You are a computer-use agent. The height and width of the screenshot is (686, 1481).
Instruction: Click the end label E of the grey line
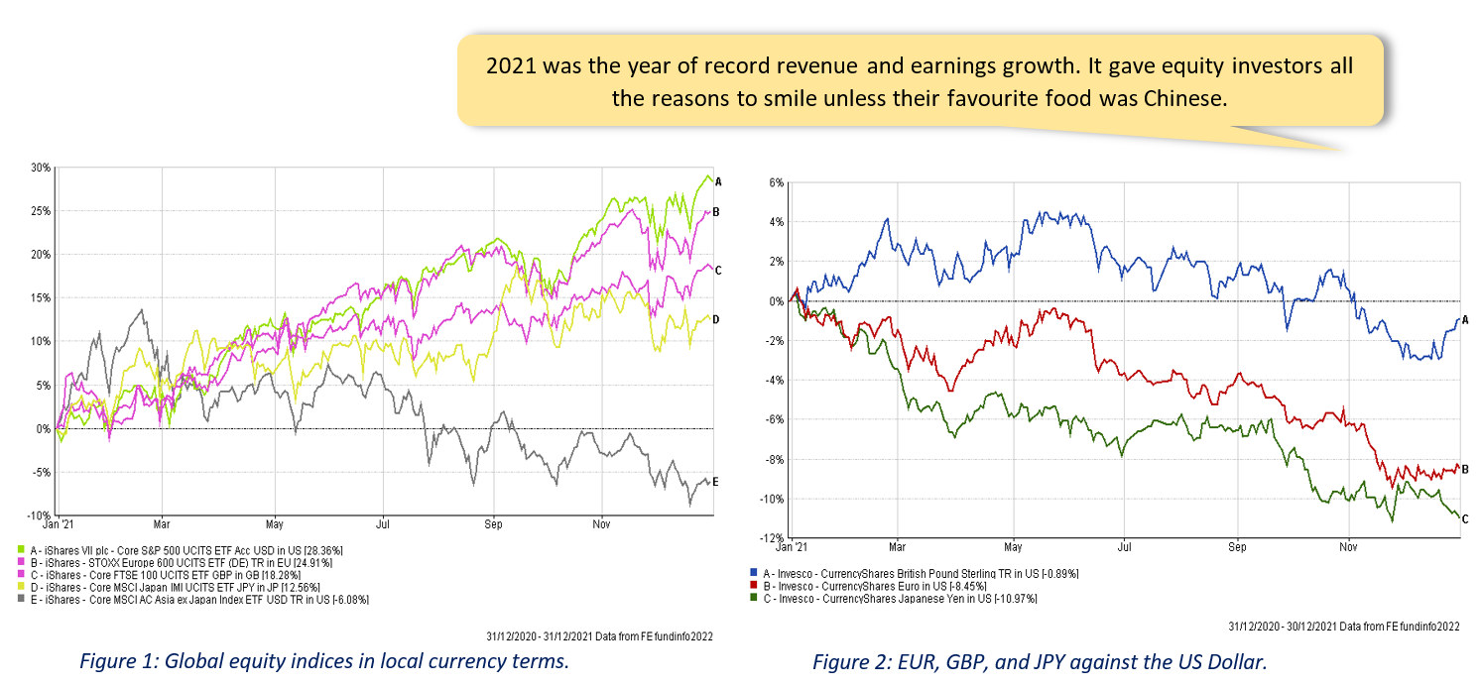716,482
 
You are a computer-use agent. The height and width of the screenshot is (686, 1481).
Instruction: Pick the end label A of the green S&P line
717,181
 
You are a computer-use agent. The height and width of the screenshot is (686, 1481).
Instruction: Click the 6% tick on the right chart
777,182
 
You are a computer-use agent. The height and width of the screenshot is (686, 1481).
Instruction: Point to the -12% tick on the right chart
774,538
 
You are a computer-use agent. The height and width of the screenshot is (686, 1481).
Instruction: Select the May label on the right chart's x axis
1013,546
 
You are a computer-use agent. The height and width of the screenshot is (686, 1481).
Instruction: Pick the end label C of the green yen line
1465,517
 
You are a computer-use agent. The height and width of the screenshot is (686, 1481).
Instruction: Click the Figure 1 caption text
325,662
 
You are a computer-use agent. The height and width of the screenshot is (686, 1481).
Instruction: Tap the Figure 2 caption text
1040,662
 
